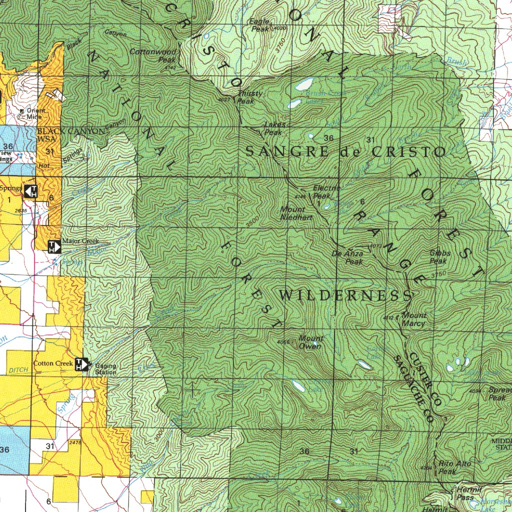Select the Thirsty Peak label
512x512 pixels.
(246, 97)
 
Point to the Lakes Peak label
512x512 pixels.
(274, 128)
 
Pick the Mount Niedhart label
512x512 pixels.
(296, 213)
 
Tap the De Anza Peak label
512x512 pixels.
(348, 257)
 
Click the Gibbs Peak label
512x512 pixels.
(439, 257)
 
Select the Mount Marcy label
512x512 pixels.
(414, 319)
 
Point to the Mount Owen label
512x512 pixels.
(310, 342)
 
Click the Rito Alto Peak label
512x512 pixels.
(454, 467)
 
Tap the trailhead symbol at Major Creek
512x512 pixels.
(54, 246)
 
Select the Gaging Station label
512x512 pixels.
(105, 369)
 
